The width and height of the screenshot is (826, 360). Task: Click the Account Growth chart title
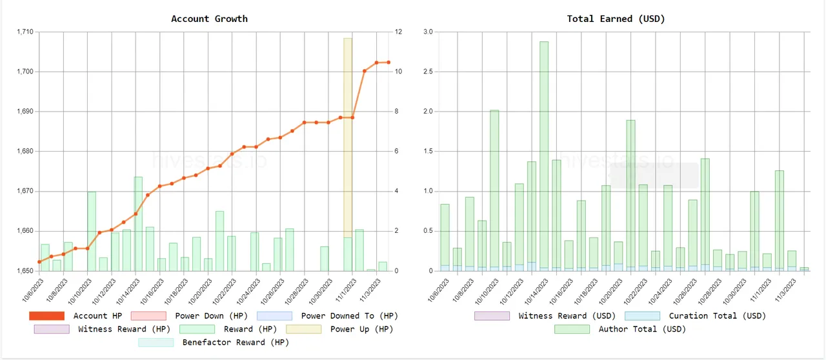[x=209, y=19]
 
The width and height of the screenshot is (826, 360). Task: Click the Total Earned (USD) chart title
[x=616, y=19]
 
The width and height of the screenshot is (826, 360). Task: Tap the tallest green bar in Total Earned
[x=544, y=155]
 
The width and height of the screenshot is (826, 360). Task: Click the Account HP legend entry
[x=98, y=315]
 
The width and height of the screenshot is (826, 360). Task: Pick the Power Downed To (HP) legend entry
[x=349, y=315]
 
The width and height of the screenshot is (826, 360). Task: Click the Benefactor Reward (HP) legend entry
[x=236, y=343]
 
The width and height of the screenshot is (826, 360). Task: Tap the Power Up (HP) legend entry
[x=361, y=329]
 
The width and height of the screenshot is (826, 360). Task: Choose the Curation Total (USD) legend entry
[x=717, y=315]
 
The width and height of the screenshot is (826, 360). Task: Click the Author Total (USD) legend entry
[x=642, y=329]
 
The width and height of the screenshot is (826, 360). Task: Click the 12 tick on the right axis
[x=399, y=32]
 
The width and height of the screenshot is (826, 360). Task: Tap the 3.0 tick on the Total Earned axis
[x=428, y=32]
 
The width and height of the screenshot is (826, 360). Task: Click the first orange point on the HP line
[x=39, y=262]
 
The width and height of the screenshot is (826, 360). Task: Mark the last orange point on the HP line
[x=388, y=63]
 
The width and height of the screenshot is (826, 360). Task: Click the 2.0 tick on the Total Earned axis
[x=428, y=112]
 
